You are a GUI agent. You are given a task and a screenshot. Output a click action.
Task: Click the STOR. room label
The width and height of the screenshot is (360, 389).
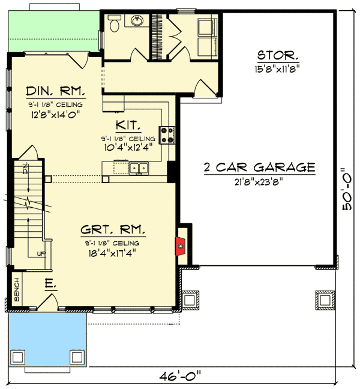point(277,56)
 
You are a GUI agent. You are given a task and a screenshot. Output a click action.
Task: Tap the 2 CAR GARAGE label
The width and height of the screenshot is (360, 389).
point(260,167)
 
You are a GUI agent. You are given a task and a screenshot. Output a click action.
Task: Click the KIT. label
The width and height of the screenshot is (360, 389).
point(128,126)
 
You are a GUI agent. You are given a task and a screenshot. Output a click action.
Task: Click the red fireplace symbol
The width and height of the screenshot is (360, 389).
point(179,246)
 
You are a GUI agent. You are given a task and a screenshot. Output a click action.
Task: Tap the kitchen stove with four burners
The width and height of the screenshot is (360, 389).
point(167,135)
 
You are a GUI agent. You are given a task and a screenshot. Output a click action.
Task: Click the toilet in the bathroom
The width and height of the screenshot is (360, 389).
point(115,22)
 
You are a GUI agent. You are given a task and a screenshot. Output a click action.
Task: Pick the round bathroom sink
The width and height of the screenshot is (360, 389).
point(136,21)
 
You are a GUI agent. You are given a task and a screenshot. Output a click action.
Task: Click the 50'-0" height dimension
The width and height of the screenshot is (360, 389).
point(347,189)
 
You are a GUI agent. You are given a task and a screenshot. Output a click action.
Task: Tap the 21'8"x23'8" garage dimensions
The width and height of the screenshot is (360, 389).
point(260,181)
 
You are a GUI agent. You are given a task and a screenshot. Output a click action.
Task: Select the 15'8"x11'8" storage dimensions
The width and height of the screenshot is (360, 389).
point(277,68)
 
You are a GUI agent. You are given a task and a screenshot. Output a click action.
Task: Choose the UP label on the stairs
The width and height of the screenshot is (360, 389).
point(40,253)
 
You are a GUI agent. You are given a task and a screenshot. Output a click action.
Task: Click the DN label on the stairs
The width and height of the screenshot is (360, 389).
point(25,169)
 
